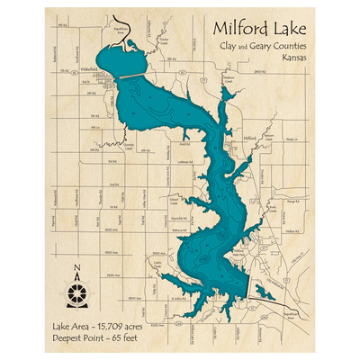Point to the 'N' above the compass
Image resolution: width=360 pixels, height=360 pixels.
click(77, 267)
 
